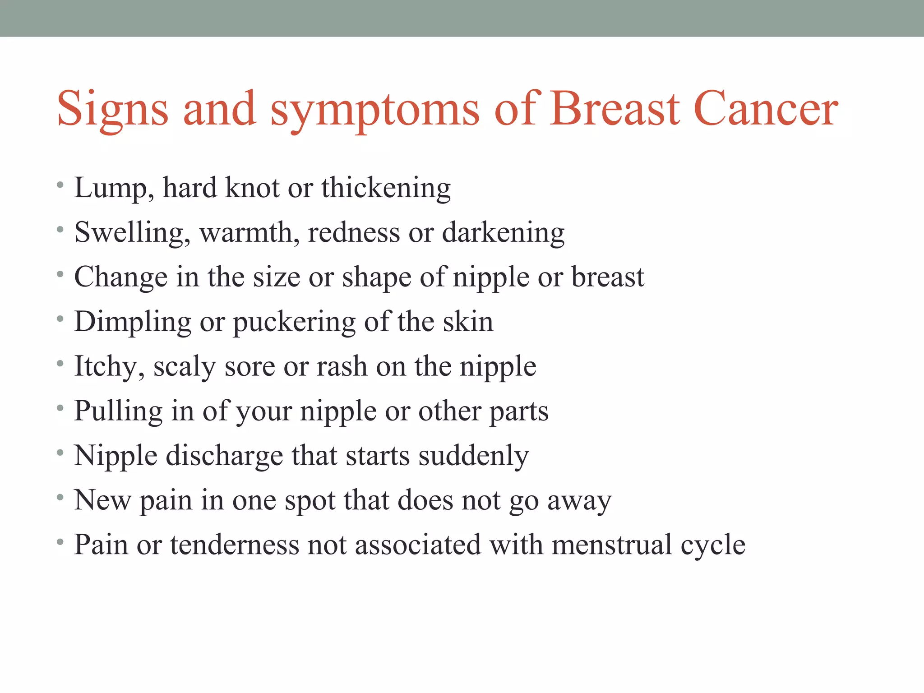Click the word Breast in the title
pos(614,109)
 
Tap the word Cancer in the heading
pos(766,109)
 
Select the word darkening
pos(503,233)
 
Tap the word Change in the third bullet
pos(120,277)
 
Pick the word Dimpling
pos(133,322)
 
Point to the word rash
pos(342,366)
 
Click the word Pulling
pos(118,411)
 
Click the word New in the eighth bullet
pos(102,500)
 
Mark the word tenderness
pos(234,545)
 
